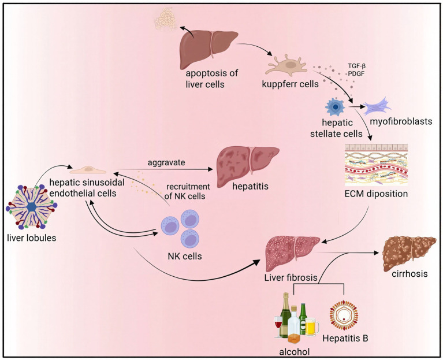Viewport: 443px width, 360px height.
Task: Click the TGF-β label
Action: (356, 66)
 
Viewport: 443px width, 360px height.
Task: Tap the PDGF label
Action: (356, 74)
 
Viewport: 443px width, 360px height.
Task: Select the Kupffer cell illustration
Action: (286, 66)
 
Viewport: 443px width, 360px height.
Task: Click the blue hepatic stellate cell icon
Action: (336, 107)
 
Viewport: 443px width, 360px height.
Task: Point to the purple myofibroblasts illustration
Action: (377, 106)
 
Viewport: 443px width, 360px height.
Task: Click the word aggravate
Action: (166, 162)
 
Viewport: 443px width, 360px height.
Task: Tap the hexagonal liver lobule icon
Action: (31, 207)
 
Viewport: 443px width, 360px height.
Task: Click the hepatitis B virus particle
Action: (344, 316)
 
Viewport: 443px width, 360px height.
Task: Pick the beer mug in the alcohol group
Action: (312, 327)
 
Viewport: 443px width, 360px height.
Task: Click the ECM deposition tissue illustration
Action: (377, 165)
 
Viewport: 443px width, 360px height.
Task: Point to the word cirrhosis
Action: (410, 274)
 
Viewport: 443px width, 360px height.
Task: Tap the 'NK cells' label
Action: (185, 257)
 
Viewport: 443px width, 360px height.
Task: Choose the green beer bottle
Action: (303, 319)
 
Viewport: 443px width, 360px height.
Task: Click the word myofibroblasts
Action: (401, 121)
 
